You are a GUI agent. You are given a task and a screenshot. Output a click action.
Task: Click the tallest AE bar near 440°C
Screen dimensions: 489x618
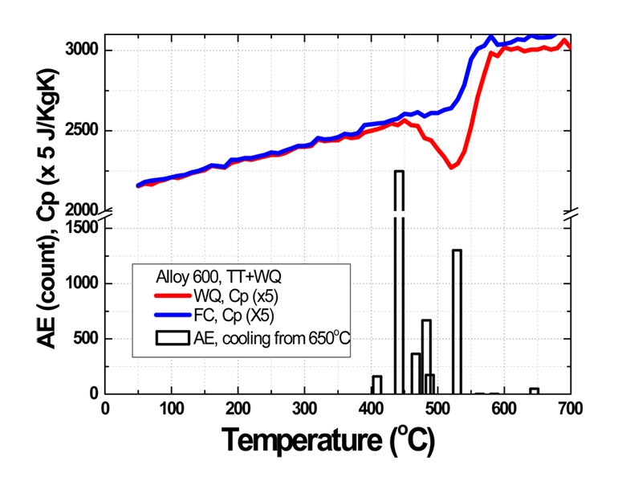point(398,281)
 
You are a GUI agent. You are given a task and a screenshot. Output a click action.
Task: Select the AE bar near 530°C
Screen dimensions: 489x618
point(457,321)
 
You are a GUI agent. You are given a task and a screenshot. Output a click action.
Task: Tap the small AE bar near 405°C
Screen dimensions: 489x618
point(376,385)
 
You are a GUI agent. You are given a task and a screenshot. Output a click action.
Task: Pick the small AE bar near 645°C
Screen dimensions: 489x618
point(534,391)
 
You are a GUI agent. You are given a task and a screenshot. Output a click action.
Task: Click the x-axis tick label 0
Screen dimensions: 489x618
point(105,409)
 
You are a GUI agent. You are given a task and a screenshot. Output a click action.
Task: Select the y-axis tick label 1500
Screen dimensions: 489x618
point(83,227)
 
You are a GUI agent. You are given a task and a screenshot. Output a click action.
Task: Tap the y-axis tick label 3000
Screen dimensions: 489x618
point(83,51)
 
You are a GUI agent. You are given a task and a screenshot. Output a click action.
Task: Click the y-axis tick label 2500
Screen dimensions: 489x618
point(83,131)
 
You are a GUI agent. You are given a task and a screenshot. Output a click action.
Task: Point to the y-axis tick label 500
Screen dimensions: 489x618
point(87,338)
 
